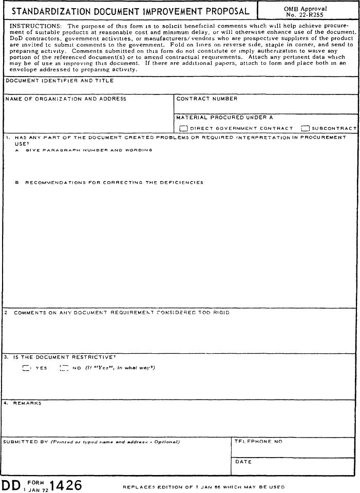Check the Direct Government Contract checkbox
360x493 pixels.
(183, 128)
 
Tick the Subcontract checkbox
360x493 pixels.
(305, 128)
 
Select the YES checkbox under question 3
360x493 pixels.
(26, 368)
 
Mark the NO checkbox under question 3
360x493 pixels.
(64, 368)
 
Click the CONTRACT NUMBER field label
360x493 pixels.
(207, 99)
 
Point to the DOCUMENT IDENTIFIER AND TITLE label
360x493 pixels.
(59, 81)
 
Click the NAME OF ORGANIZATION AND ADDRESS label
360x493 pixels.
(65, 99)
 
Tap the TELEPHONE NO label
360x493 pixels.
(258, 441)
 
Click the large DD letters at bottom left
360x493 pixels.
(12, 485)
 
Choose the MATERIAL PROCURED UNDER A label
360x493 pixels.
(224, 118)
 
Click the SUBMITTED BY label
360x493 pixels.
(26, 442)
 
